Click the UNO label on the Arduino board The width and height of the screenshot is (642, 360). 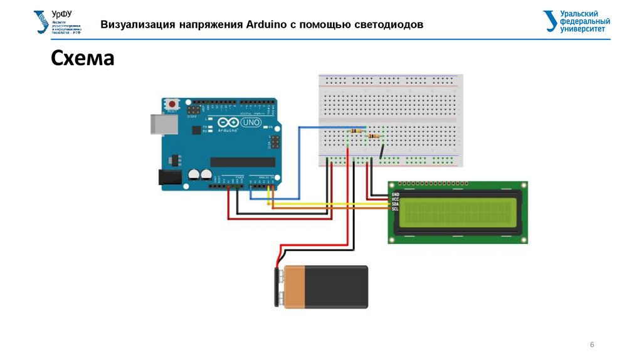(251, 122)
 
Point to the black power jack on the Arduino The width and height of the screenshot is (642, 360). (167, 178)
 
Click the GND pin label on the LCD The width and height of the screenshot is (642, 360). (395, 194)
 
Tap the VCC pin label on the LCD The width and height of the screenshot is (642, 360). (395, 199)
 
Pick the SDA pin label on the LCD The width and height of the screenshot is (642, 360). (395, 204)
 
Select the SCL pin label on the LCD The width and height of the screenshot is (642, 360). (395, 208)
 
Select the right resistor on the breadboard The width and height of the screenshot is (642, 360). (375, 135)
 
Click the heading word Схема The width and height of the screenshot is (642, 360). (82, 59)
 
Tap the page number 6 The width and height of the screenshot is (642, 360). (592, 346)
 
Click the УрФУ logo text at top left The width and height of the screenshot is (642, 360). (61, 13)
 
